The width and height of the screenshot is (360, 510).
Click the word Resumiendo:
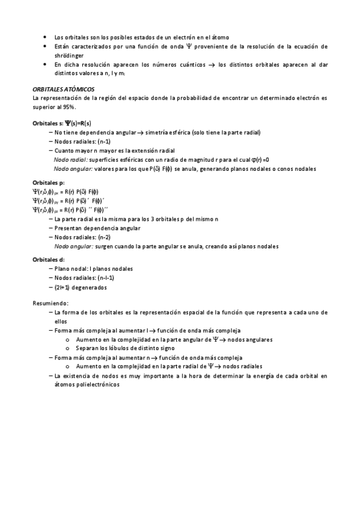pos(50,303)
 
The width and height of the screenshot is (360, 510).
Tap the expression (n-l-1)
pos(102,278)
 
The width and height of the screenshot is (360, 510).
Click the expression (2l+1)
pos(65,287)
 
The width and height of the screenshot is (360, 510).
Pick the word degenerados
pos(92,287)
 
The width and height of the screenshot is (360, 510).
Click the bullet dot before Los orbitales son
pos(46,37)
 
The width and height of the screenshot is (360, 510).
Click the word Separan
pos(88,348)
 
